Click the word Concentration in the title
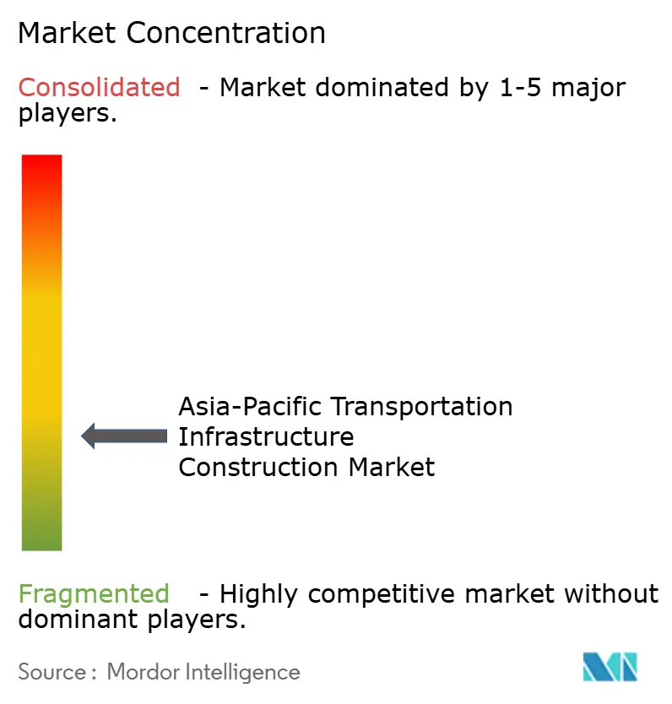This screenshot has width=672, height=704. click(x=226, y=34)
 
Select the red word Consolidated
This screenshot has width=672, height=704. click(x=99, y=87)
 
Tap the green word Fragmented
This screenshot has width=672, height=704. click(x=94, y=594)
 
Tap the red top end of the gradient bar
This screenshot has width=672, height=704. click(x=41, y=165)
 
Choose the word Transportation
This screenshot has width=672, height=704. click(x=422, y=407)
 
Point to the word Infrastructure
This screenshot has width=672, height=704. click(x=266, y=437)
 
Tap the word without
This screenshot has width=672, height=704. click(x=611, y=594)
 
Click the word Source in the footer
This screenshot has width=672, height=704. click(x=51, y=672)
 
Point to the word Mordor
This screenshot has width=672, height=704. click(x=139, y=672)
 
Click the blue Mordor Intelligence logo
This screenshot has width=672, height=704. click(x=610, y=667)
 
